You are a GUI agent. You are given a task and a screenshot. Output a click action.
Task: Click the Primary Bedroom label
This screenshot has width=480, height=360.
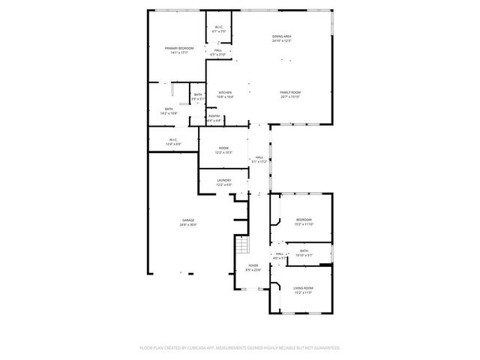[x=179, y=48]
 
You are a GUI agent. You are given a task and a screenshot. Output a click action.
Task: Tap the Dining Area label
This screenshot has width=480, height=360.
[x=281, y=36]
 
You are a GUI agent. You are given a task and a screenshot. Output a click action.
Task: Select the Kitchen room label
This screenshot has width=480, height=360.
[x=226, y=92]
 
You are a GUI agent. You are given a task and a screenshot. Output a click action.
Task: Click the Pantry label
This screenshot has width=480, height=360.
[x=214, y=116]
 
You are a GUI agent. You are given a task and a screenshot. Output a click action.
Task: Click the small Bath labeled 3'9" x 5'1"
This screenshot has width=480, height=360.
[x=197, y=94]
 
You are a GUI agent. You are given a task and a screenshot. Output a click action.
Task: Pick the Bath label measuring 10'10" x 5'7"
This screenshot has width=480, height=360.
[x=304, y=251]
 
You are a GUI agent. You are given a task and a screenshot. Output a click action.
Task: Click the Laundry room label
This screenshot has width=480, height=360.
[x=223, y=180]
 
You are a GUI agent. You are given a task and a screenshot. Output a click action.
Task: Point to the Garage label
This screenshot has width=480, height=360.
[x=187, y=220]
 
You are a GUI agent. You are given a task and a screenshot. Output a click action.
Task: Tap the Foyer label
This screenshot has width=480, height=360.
[x=253, y=265]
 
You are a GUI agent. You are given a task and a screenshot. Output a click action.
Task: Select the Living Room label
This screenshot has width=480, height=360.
[x=303, y=288]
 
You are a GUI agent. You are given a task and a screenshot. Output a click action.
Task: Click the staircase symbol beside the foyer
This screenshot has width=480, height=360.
[x=241, y=245]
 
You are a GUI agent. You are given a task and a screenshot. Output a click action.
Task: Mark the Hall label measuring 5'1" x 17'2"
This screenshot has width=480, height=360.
[x=259, y=157]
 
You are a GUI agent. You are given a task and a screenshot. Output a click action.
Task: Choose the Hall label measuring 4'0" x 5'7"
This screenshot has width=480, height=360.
[x=279, y=254]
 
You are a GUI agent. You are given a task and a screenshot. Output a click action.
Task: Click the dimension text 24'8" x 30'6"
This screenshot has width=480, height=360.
[x=187, y=225]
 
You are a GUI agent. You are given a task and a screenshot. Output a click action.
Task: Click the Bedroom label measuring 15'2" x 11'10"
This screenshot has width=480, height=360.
[x=304, y=220]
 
